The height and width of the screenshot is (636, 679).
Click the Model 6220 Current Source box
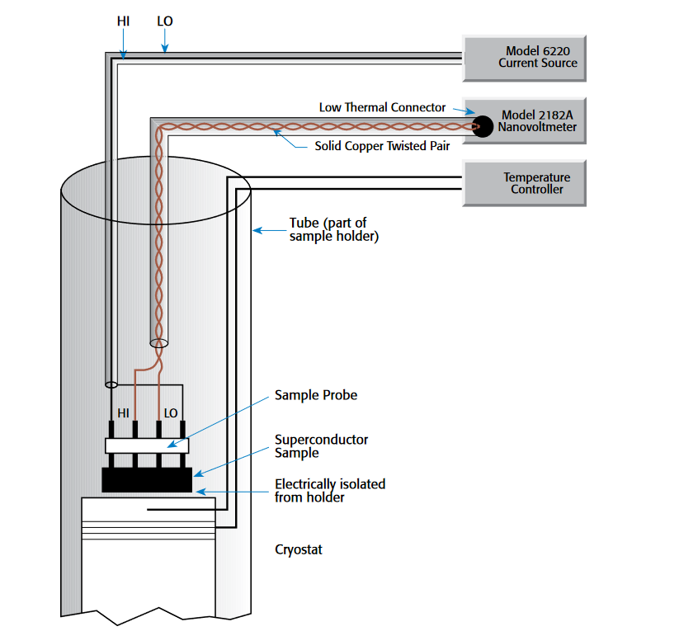coord(525,58)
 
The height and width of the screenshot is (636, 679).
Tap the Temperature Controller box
coord(525,183)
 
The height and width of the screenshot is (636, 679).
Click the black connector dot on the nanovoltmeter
coord(483,125)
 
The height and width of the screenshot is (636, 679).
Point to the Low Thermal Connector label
coord(382,107)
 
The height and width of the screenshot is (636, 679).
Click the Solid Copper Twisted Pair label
coord(382,147)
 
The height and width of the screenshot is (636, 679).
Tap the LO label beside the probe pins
coord(171,412)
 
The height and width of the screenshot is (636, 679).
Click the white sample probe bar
coord(147,445)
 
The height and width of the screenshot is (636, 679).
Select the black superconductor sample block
coord(147,479)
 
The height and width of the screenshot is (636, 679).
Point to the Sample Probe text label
coord(316,395)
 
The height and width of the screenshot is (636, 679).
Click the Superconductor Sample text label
coord(321,446)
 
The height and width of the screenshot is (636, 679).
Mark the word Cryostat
coord(299,549)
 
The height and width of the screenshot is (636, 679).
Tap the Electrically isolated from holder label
coord(330,490)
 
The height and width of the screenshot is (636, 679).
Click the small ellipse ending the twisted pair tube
coord(158,342)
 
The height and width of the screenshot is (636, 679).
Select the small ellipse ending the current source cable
coord(111,384)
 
